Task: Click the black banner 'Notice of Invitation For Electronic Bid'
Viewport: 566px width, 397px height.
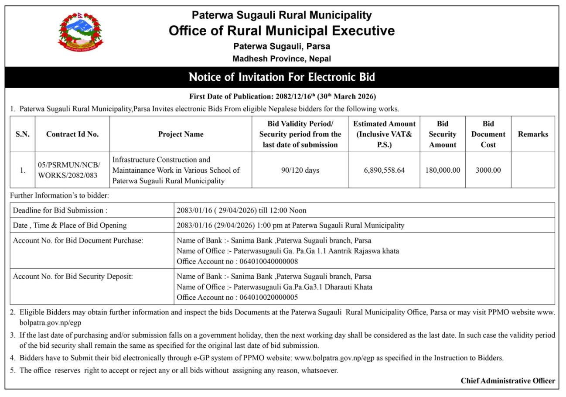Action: (x=282, y=78)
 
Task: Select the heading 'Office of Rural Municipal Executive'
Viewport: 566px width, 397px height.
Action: (x=282, y=31)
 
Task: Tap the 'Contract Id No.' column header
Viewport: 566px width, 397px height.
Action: (x=72, y=134)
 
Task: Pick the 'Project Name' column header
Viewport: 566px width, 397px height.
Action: (x=181, y=134)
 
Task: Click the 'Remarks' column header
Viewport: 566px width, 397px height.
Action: (x=533, y=134)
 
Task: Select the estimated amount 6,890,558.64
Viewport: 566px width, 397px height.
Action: (x=384, y=170)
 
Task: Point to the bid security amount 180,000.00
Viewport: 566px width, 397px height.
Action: (x=443, y=170)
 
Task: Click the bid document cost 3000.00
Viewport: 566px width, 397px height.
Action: (x=488, y=170)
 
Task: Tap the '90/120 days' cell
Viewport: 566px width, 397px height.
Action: (x=300, y=170)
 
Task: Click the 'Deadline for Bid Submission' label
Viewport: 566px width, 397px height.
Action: (x=60, y=210)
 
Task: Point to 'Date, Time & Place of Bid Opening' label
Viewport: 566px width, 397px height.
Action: (x=70, y=226)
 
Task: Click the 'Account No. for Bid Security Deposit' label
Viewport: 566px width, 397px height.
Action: (x=73, y=277)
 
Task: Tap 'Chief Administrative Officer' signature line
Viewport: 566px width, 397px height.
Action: (x=508, y=380)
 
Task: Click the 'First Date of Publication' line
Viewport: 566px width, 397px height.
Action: (x=282, y=96)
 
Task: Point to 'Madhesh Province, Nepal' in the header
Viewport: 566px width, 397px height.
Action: (x=282, y=59)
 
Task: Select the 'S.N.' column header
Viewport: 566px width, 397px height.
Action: (x=23, y=134)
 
